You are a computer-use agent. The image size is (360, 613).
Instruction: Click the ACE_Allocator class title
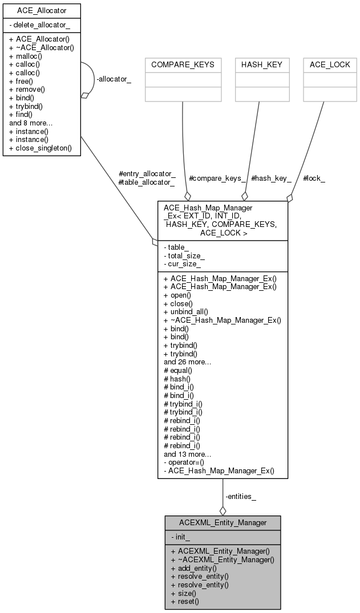[42, 11]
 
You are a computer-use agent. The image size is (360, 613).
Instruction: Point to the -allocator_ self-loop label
[114, 79]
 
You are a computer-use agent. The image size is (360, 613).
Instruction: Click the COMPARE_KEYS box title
[183, 64]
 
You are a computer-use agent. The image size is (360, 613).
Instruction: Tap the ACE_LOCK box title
[330, 64]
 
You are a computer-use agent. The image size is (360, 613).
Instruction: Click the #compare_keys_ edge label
[217, 178]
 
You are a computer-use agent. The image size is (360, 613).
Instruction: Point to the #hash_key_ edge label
[271, 178]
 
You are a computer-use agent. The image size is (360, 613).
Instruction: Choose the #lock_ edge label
[314, 178]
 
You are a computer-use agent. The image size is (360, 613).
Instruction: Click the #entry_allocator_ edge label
[147, 173]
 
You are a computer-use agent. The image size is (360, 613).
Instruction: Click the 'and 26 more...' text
[188, 362]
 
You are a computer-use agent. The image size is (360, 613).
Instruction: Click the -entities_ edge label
[241, 497]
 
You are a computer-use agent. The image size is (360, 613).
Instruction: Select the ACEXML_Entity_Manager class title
[223, 523]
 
